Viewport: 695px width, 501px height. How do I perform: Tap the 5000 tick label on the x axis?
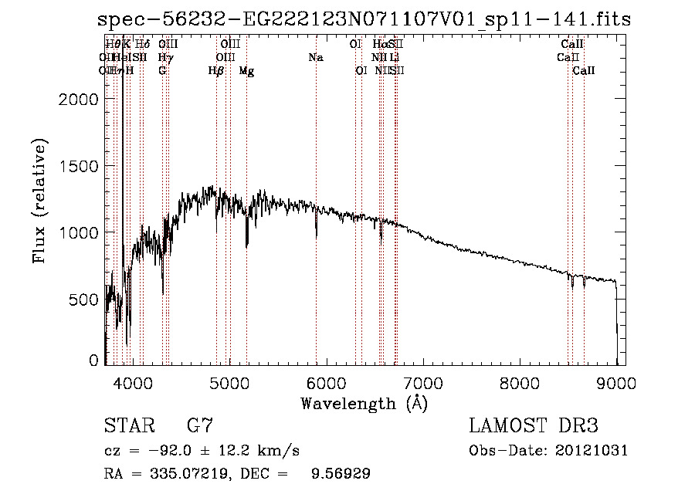[x=229, y=382]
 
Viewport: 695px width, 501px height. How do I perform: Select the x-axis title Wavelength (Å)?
[x=364, y=403]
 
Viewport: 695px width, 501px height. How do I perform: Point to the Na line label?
[x=315, y=57]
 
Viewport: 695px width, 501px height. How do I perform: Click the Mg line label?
[x=246, y=71]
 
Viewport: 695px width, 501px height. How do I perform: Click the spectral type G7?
[x=200, y=426]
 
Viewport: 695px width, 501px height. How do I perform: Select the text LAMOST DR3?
[x=534, y=426]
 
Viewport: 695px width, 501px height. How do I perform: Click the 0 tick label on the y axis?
[x=93, y=360]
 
